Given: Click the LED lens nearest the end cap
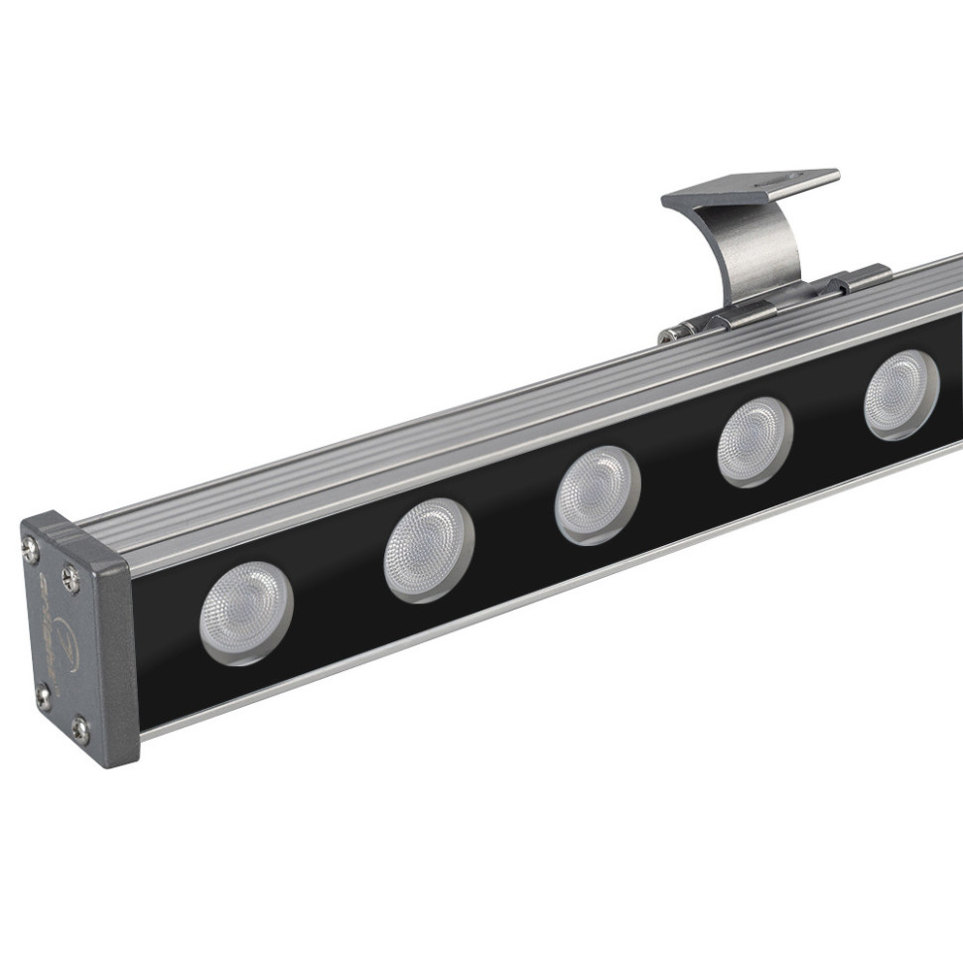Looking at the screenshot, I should point(245,613).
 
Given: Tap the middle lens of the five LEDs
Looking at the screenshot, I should point(597,493).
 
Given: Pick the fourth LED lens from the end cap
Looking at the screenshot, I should point(755,441).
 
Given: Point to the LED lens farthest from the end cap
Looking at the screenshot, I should point(900,394).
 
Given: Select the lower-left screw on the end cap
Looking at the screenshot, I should point(43,694).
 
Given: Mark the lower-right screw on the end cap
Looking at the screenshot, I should point(79,730).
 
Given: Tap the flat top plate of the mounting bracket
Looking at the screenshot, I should point(750,188).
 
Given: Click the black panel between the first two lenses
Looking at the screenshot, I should point(338,586).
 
